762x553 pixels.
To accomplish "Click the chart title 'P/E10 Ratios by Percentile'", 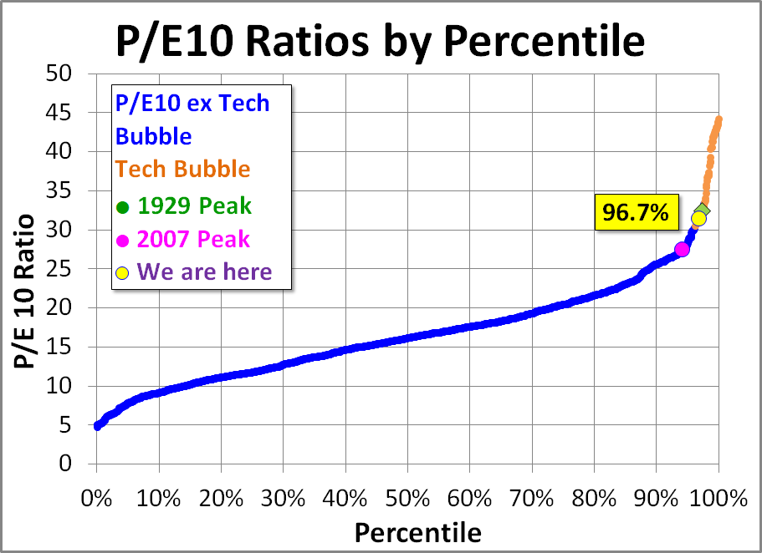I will click(x=381, y=39).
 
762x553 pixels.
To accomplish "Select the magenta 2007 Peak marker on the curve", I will click(x=682, y=249).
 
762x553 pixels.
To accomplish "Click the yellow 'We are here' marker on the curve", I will click(x=698, y=219).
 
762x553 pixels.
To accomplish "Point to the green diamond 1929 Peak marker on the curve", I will click(x=703, y=211).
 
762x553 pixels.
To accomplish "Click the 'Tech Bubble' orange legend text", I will click(x=183, y=169).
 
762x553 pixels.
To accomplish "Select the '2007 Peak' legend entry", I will click(x=183, y=239).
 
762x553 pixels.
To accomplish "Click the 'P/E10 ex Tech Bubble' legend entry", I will click(x=192, y=119).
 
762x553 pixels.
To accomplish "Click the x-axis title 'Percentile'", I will click(x=417, y=532).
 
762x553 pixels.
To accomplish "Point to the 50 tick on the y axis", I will click(x=60, y=74).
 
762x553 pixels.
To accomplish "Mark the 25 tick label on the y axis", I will click(x=60, y=269).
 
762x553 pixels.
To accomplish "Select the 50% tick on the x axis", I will click(x=407, y=499).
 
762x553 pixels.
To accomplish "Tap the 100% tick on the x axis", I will click(x=719, y=499).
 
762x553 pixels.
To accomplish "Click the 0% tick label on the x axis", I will click(x=96, y=499).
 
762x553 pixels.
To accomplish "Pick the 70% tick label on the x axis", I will click(x=532, y=499).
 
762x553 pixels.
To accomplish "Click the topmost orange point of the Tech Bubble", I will click(x=719, y=119).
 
